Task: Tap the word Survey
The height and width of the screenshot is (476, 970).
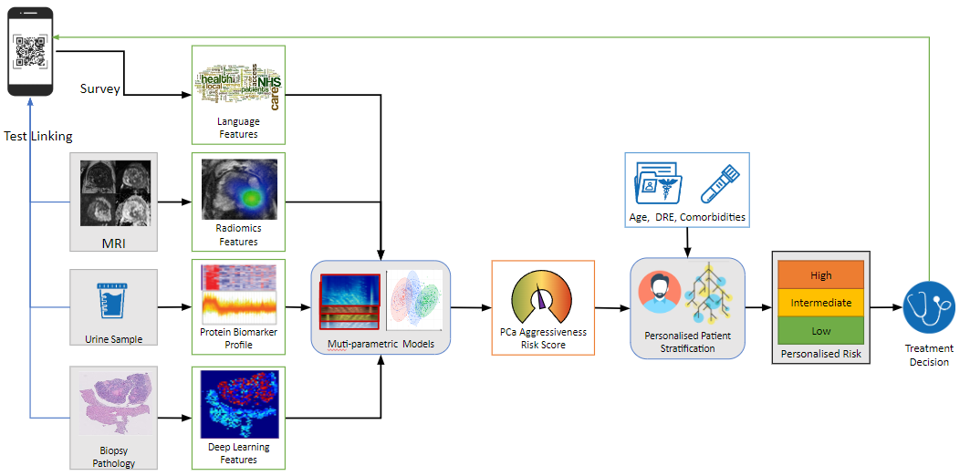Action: (99, 88)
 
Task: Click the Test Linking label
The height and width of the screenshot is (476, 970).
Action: (37, 137)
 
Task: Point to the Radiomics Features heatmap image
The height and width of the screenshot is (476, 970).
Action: (239, 189)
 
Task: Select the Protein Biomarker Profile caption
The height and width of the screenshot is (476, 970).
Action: (238, 338)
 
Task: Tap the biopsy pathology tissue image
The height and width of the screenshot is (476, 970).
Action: (114, 400)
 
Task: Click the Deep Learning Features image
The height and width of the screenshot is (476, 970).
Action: (239, 404)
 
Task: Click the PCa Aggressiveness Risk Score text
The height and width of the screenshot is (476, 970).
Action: (543, 339)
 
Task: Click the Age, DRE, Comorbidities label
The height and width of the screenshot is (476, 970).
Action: (688, 217)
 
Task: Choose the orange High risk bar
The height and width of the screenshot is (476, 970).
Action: (820, 275)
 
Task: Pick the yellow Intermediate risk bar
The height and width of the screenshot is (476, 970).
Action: (820, 303)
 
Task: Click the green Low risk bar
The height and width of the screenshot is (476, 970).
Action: (820, 330)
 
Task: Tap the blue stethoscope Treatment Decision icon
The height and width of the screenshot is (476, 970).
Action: (928, 308)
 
